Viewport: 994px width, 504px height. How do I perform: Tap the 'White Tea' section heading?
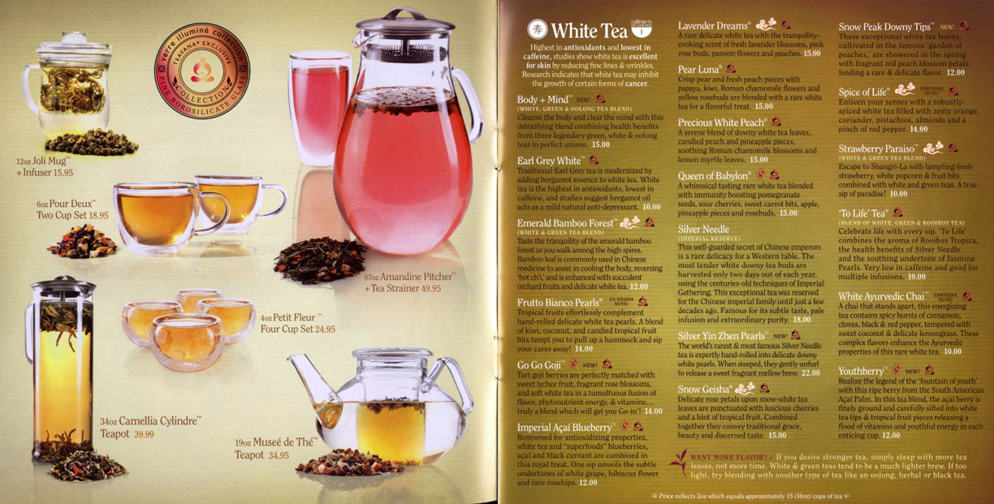pyautogui.click(x=589, y=31)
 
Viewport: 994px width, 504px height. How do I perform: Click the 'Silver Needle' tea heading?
pyautogui.click(x=704, y=230)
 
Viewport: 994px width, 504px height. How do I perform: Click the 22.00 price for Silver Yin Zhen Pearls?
pyautogui.click(x=810, y=373)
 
